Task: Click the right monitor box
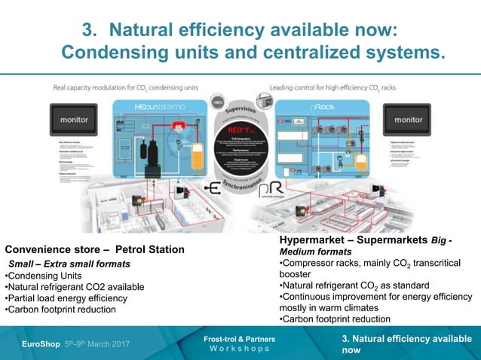(408, 120)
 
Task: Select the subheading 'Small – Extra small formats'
(69, 264)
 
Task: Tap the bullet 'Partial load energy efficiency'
(66, 298)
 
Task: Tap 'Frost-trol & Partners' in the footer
(239, 340)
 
